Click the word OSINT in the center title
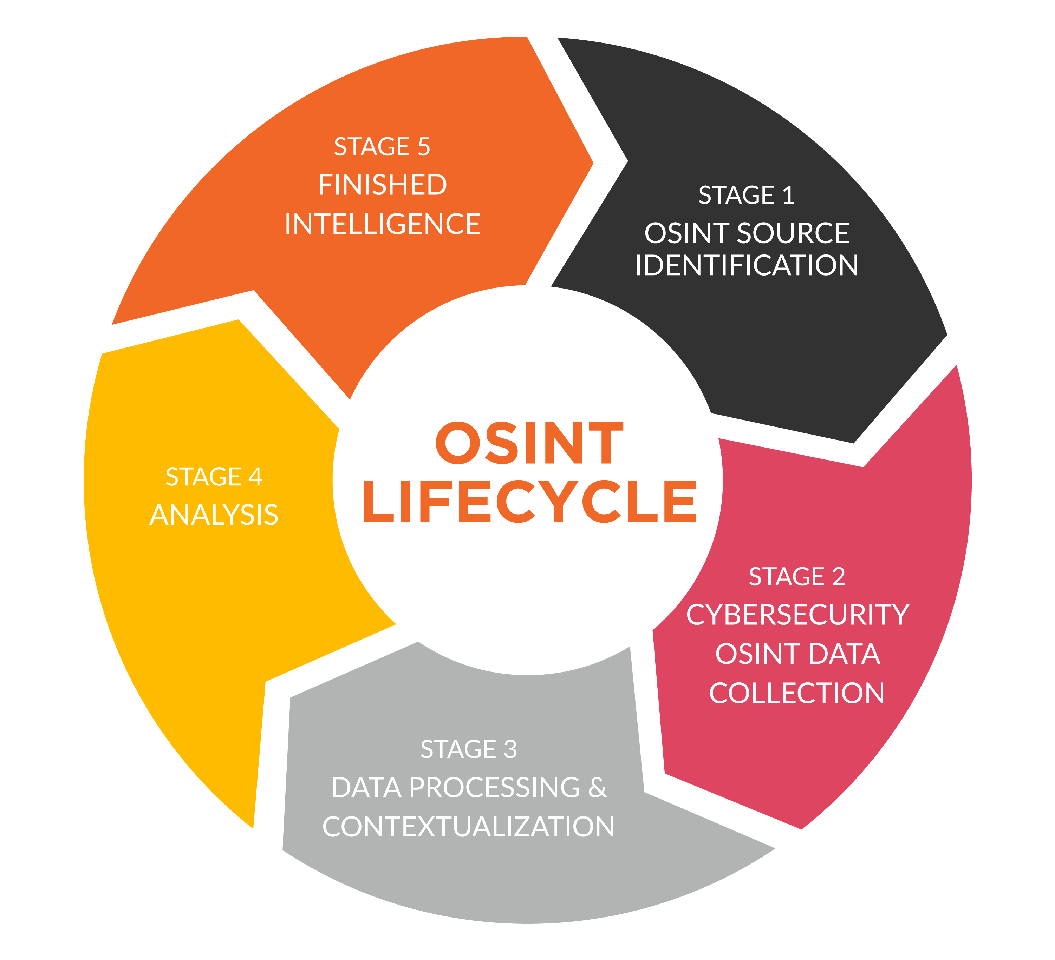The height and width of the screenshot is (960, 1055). coord(529,443)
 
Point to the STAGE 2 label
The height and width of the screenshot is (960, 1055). coord(797,577)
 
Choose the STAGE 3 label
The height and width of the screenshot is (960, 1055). coord(469,749)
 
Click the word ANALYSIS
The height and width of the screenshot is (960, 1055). coord(214,515)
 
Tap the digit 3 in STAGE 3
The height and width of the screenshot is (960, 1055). coord(510,749)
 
